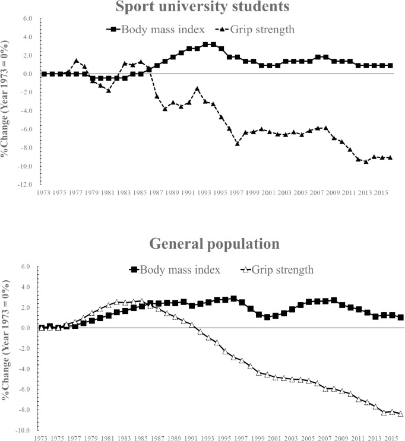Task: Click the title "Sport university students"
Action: (x=202, y=6)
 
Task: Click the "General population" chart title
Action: (x=214, y=243)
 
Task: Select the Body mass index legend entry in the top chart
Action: (x=156, y=29)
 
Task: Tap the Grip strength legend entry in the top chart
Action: (x=255, y=29)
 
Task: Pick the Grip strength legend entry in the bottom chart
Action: (x=277, y=269)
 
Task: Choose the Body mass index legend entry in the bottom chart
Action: (x=175, y=269)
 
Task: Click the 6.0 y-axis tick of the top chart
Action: (x=27, y=18)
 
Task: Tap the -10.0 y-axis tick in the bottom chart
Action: (x=24, y=430)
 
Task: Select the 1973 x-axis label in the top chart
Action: (x=43, y=193)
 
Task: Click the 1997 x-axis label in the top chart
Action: (x=236, y=193)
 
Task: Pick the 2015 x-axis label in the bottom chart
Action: (x=391, y=438)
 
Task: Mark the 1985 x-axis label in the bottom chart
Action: (x=141, y=438)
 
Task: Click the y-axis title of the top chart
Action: (x=5, y=99)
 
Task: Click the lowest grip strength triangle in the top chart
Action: (x=366, y=161)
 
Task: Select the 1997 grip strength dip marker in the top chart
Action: (x=238, y=144)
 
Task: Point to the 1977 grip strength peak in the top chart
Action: (x=76, y=61)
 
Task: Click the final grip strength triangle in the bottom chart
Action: (x=400, y=414)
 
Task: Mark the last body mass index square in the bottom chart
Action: (x=400, y=318)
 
